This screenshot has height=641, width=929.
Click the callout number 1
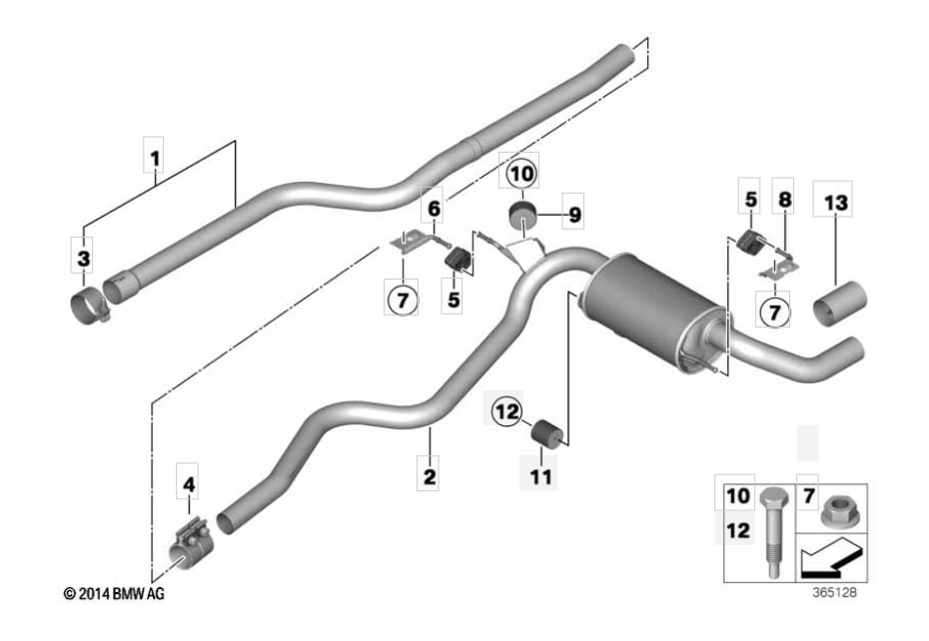155,159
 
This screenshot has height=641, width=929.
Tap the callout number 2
430,476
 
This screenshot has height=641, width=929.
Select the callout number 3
84,258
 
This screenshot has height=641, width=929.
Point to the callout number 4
189,484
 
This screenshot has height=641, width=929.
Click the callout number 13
836,204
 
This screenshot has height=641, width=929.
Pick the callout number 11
540,476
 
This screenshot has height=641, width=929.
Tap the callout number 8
784,200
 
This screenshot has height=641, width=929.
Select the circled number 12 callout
507,411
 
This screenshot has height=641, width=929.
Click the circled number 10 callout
522,174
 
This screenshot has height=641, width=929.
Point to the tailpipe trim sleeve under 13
839,304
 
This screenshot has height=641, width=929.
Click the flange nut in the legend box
836,510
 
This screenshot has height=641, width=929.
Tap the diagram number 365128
834,592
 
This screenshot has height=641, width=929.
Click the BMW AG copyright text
114,593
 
